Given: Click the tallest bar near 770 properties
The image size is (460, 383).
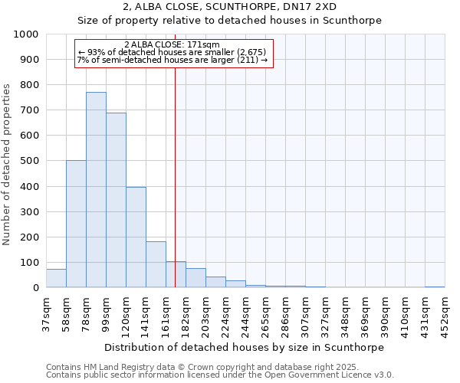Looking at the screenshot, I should [96, 190].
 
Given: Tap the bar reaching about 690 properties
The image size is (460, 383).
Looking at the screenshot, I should [116, 200].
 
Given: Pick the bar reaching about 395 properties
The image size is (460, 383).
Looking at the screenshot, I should [136, 237].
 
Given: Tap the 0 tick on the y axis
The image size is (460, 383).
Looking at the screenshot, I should [37, 288].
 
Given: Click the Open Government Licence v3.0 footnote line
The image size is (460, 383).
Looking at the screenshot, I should [220, 375].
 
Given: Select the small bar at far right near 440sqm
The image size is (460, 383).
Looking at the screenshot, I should [435, 286].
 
